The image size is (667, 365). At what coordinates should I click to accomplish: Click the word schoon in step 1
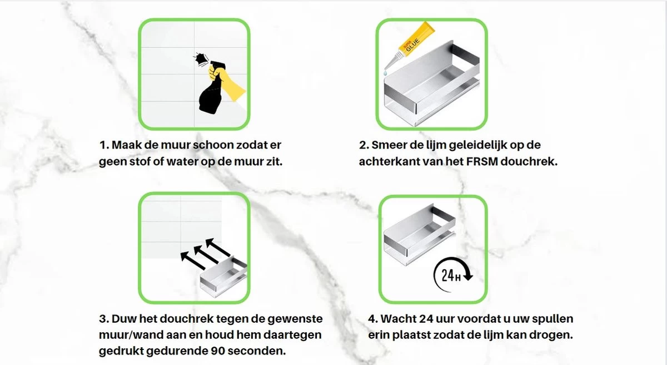coord(221,145)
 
